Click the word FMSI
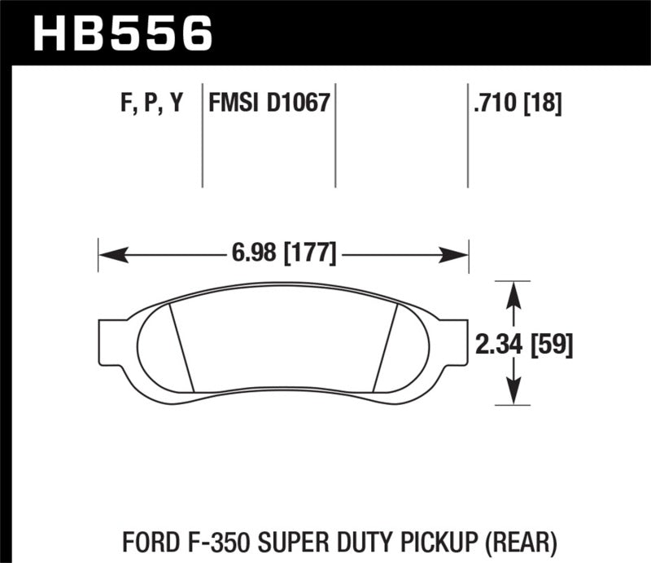coord(233,103)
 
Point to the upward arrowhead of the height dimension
coord(513,294)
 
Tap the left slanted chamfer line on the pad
coord(181,346)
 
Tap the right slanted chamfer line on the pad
coord(384,346)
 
